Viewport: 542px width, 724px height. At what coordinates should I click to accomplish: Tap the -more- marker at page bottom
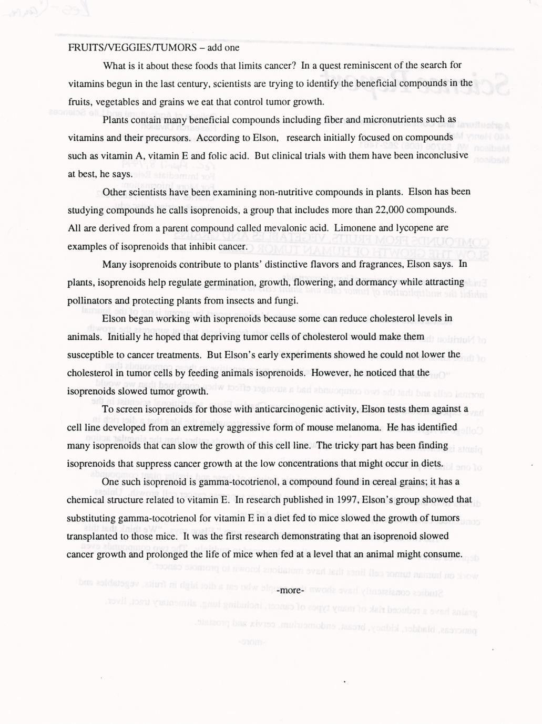tap(291, 590)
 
